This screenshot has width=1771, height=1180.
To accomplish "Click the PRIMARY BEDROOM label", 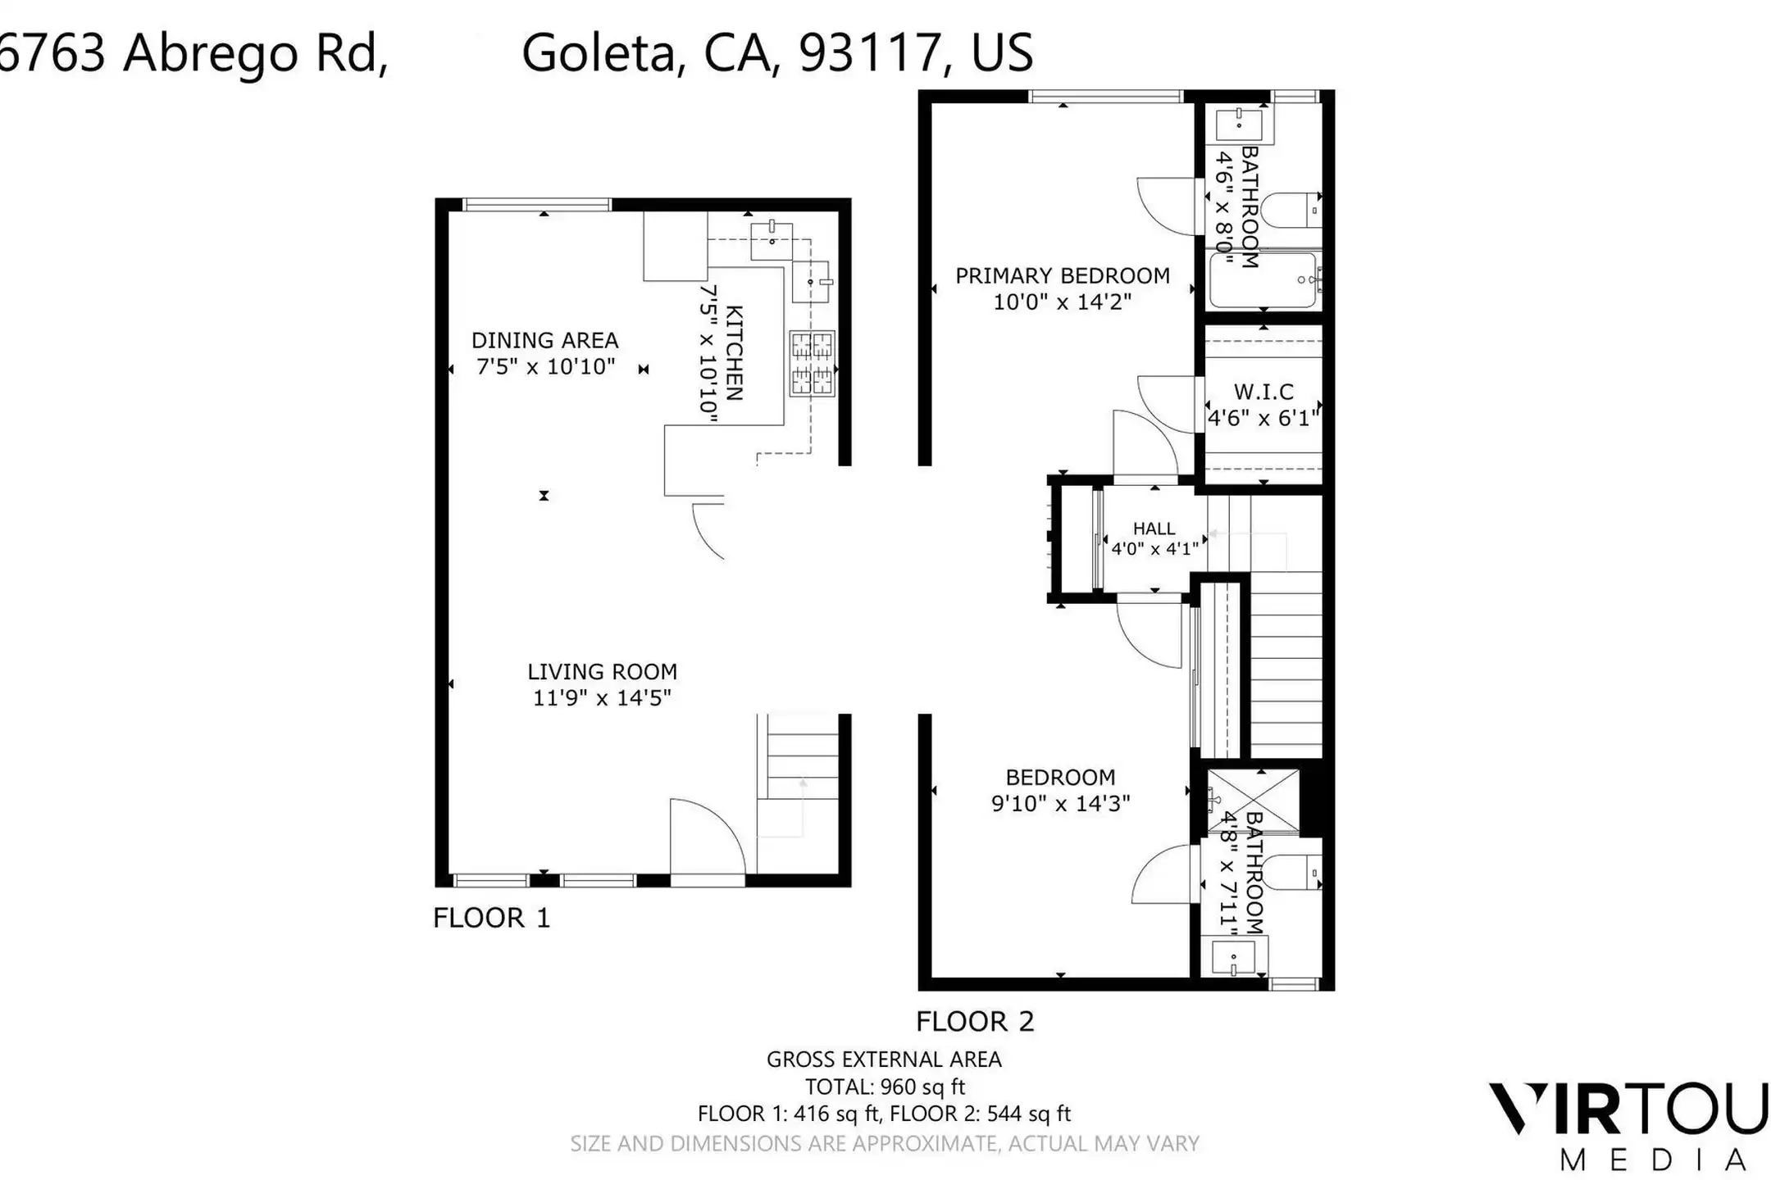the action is (1063, 276).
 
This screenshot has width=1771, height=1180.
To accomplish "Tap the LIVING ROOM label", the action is (603, 672).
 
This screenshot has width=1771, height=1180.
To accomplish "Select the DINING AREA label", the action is (545, 340).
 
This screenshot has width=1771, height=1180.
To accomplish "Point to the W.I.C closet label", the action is (1263, 392).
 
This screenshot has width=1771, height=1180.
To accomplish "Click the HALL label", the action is (1154, 529).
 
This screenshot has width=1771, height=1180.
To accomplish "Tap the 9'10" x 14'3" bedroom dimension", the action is (1061, 804).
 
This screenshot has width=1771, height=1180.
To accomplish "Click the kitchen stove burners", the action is (813, 364).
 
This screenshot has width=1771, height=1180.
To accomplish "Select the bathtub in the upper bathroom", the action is (1263, 279).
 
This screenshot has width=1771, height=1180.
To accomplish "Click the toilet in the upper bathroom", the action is (1290, 210).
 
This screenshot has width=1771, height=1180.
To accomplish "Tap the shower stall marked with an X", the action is (1254, 801).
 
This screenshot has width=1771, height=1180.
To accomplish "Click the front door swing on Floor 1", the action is (707, 837).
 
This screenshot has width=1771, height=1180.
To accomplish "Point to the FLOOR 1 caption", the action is (492, 918).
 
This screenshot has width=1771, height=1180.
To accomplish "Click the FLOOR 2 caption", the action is (975, 1022).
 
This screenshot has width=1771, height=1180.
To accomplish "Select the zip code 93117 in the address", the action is (869, 52).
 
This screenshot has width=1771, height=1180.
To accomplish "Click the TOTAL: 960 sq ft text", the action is (885, 1087).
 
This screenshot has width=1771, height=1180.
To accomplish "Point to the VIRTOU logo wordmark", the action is (1628, 1110).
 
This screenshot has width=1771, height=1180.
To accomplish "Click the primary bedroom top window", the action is (1105, 97).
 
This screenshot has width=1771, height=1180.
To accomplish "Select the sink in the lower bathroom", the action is (1234, 957).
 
